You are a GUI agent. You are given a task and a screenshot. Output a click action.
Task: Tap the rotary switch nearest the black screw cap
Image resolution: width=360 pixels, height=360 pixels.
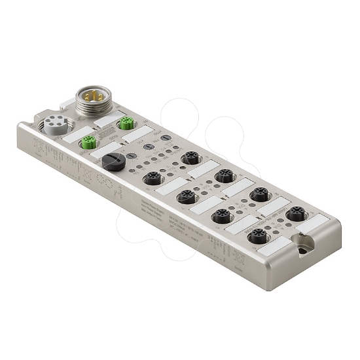[x=132, y=156]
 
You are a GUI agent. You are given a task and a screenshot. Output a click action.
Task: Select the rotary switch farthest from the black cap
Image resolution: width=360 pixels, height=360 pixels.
[x=166, y=137]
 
